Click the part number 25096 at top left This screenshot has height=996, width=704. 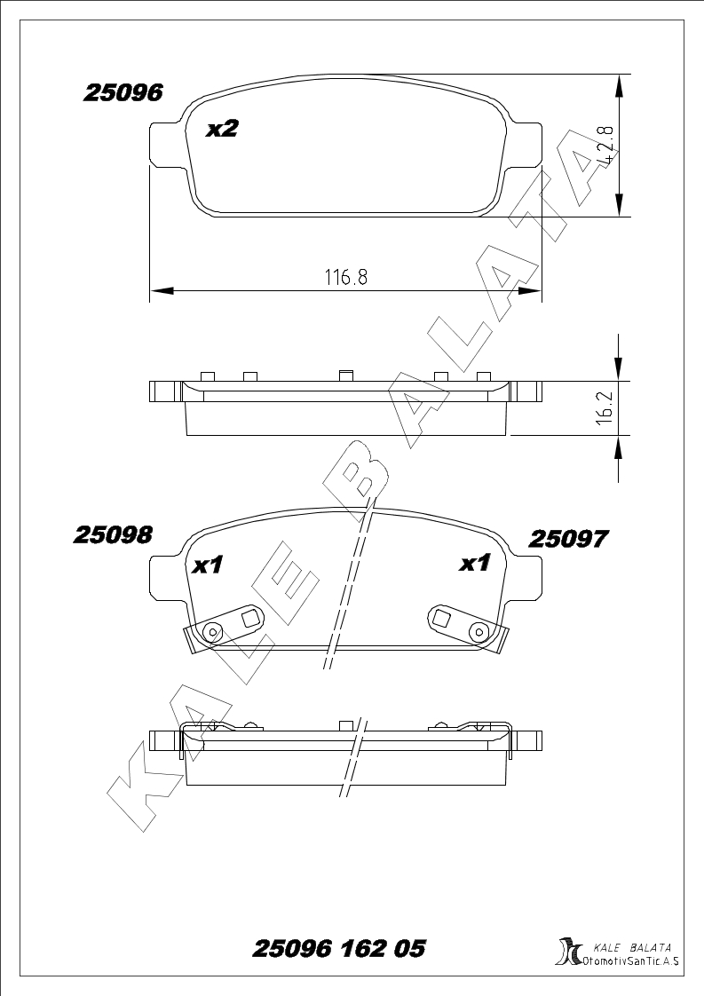(x=123, y=92)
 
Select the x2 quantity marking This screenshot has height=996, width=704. (x=222, y=129)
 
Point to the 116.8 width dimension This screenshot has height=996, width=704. (x=346, y=278)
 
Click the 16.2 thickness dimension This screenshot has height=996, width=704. (x=605, y=407)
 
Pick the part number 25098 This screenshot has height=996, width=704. (x=113, y=535)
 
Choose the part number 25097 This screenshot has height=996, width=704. (x=569, y=540)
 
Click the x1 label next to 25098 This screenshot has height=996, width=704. (x=209, y=564)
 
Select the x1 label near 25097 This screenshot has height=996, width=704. (x=475, y=563)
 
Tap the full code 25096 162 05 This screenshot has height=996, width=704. (x=339, y=949)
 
